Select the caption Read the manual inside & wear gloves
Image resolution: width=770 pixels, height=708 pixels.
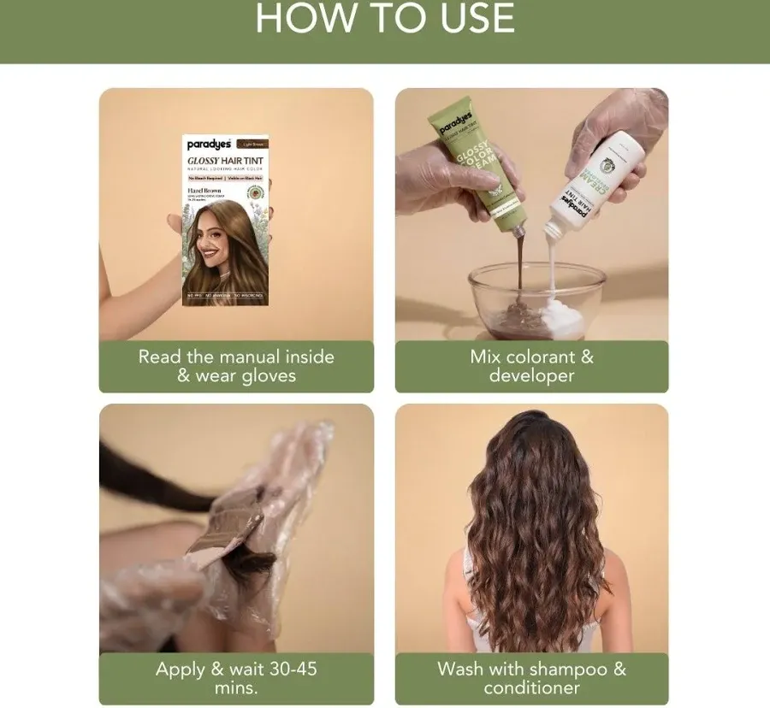(236, 366)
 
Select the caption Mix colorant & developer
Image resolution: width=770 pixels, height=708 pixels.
(531, 366)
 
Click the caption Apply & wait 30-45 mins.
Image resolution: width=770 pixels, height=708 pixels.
(236, 678)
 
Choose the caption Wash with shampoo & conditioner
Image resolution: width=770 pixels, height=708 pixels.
(531, 678)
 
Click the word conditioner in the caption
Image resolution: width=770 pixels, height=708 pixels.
(531, 687)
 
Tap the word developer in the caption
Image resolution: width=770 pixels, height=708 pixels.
(531, 376)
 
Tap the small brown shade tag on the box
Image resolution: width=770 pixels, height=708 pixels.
(252, 144)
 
